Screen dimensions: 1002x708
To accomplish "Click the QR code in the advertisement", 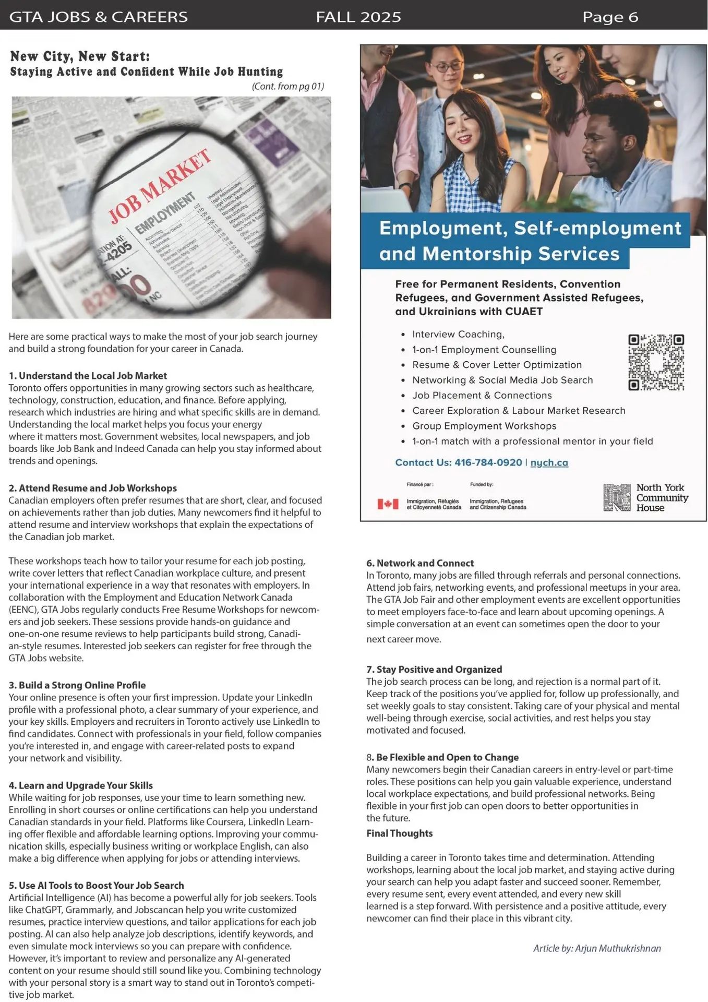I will (x=656, y=363).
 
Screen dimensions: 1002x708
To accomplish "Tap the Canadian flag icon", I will (x=388, y=504).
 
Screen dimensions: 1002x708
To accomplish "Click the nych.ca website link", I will (x=549, y=462).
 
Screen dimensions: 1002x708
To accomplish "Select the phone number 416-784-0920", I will (x=488, y=462).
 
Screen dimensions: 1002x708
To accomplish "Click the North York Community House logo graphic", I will (x=617, y=497).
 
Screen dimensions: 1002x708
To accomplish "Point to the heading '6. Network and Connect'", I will (x=419, y=563).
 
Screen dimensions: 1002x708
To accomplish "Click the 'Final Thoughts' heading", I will (x=399, y=833).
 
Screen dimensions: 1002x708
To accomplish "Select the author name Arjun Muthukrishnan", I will (x=618, y=948).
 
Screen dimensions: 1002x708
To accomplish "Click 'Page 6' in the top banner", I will (x=610, y=17).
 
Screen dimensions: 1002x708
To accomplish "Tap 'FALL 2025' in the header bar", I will (x=358, y=17).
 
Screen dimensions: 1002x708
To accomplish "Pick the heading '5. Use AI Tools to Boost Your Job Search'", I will (x=96, y=885).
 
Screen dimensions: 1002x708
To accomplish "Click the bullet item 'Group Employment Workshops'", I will (x=484, y=426).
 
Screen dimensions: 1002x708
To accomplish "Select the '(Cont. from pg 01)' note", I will (x=287, y=86).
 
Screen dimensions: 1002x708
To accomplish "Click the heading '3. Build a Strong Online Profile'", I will (x=77, y=685).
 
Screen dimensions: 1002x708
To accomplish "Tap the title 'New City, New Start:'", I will (x=80, y=56).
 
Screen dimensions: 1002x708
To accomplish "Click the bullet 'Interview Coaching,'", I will (x=458, y=334).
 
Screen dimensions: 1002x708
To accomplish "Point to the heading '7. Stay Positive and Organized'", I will (x=434, y=669).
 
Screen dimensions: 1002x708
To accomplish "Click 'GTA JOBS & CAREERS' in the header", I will (x=99, y=17).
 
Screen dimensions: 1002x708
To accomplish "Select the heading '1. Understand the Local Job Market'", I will (x=88, y=376).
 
